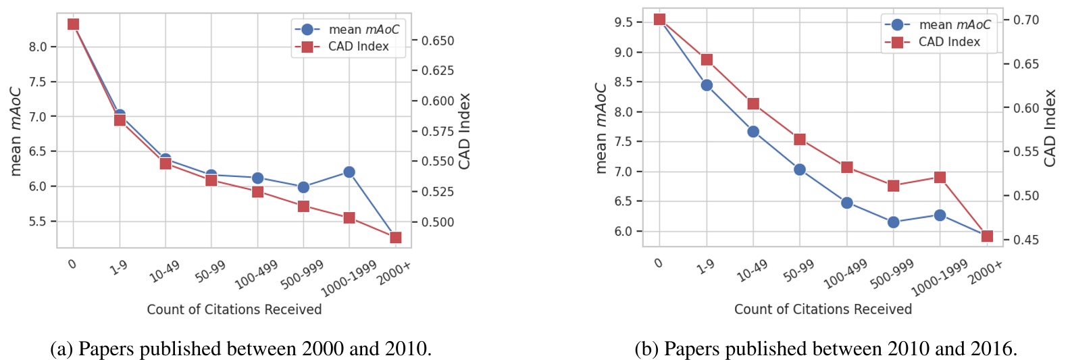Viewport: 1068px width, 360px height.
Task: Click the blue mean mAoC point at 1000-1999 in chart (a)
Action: pyautogui.click(x=349, y=172)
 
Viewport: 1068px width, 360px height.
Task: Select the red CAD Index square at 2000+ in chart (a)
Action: pyautogui.click(x=396, y=238)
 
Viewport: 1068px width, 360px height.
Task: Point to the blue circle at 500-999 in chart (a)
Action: pyautogui.click(x=303, y=187)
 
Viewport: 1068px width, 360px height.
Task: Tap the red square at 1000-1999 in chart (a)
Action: pyautogui.click(x=349, y=217)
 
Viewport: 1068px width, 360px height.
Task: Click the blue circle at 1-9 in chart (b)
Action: pyautogui.click(x=707, y=85)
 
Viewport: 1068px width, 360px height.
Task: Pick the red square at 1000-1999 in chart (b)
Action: pyautogui.click(x=940, y=178)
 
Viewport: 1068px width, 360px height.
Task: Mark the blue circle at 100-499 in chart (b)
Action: pyautogui.click(x=847, y=203)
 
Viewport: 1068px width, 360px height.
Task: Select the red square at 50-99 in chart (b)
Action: pyautogui.click(x=800, y=140)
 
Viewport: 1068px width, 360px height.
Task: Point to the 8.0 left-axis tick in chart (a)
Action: pyautogui.click(x=38, y=47)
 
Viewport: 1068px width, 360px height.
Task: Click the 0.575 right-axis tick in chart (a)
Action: pyautogui.click(x=438, y=131)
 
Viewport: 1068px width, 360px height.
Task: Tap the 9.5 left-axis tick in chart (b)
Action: pyautogui.click(x=624, y=22)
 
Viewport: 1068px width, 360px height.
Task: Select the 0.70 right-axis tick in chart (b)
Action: pyautogui.click(x=1026, y=20)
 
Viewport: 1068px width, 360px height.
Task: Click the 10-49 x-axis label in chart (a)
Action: pyautogui.click(x=164, y=271)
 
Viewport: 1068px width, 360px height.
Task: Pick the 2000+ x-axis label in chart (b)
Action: pyautogui.click(x=986, y=272)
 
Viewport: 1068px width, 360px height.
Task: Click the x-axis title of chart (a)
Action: pyautogui.click(x=234, y=309)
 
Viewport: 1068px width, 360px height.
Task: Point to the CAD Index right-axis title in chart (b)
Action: pyautogui.click(x=1050, y=128)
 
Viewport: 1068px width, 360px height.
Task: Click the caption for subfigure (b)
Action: pyautogui.click(x=825, y=349)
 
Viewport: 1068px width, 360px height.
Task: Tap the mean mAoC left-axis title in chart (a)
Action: pyautogui.click(x=16, y=131)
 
